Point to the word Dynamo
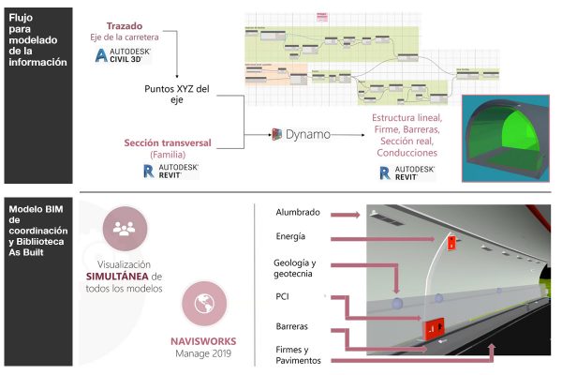coord(308,136)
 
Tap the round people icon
coord(124,228)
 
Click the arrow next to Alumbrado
coord(345,215)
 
